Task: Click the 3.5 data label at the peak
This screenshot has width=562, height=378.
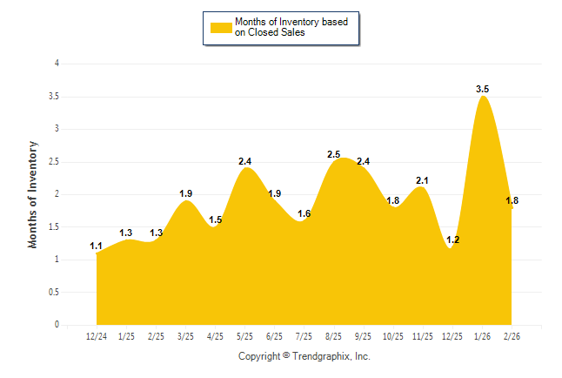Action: pos(483,89)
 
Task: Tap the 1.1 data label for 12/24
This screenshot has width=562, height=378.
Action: pos(97,246)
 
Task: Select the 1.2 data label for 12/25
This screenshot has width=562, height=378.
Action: pos(453,240)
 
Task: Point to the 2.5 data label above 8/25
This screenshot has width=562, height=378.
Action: pos(334,154)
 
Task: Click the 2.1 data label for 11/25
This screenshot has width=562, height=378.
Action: pos(423,180)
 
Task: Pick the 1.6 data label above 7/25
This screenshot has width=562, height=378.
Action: pos(304,213)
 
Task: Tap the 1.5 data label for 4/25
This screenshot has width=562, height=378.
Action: pos(216,219)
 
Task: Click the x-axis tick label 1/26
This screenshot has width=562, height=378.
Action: pos(483,336)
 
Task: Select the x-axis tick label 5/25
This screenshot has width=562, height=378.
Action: pos(245,336)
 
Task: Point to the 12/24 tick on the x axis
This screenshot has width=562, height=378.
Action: pos(97,336)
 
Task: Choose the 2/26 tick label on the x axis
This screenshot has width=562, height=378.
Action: pos(512,336)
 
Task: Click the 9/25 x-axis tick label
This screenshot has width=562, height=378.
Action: pos(364,336)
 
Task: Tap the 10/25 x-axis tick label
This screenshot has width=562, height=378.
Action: pos(393,336)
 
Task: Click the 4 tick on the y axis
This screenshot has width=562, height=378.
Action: pos(57,64)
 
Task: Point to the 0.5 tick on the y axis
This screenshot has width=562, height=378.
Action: pos(54,293)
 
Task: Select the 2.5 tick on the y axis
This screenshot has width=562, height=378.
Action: pos(54,162)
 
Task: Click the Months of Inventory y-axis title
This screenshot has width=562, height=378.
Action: pos(34,194)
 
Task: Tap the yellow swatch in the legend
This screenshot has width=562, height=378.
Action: pos(220,27)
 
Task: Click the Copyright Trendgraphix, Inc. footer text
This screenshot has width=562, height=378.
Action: pos(304,356)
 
